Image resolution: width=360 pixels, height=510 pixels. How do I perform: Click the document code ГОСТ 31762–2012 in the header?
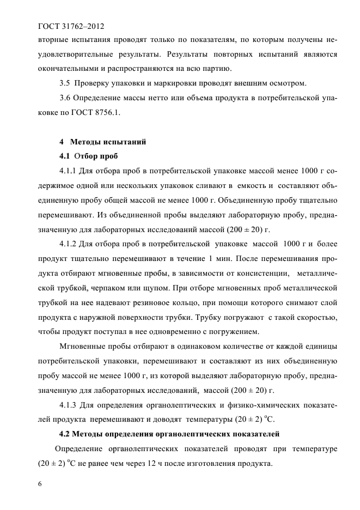(71, 26)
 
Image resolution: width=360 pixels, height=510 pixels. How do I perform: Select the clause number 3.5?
(64, 83)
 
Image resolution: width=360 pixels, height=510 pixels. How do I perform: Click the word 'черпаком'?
(101, 288)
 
